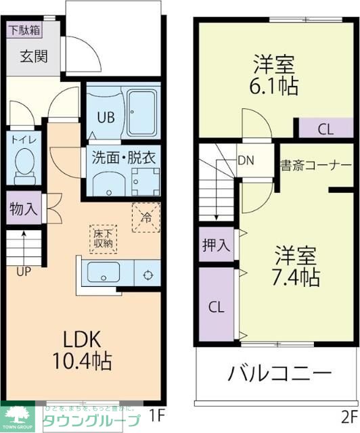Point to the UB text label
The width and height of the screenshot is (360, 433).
point(105,116)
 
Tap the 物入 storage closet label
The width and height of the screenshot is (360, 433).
point(24,209)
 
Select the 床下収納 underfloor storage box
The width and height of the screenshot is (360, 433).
point(104,238)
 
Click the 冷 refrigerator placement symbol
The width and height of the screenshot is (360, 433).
point(145,217)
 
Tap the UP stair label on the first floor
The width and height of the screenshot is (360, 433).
point(24,273)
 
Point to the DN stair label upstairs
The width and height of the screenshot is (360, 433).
point(246,160)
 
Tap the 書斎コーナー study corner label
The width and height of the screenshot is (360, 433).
point(316,166)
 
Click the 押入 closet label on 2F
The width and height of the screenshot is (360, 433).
point(215,246)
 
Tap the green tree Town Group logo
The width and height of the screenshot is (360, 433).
point(20,414)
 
